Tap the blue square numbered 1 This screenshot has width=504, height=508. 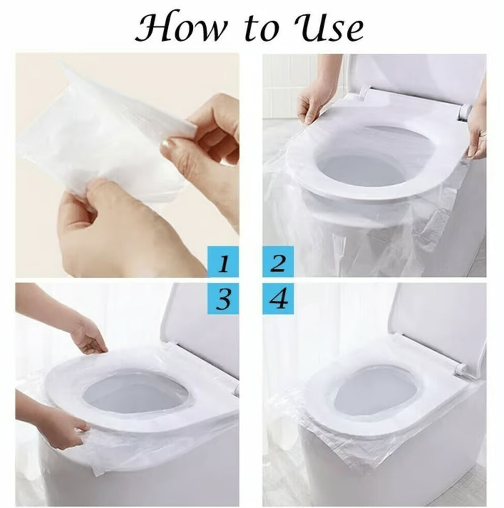tap(223, 262)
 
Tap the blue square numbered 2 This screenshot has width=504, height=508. tap(278, 262)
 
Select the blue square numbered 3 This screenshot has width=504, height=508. tap(223, 299)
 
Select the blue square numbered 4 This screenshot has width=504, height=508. tap(278, 299)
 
